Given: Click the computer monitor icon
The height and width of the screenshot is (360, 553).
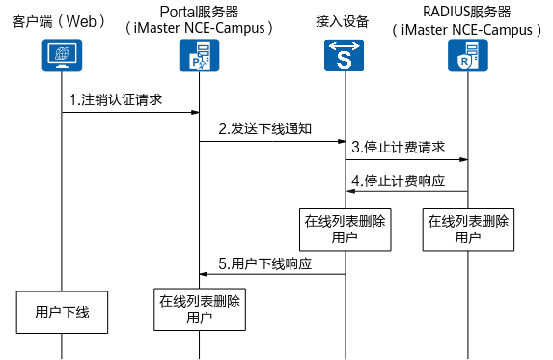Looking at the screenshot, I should point(62,55).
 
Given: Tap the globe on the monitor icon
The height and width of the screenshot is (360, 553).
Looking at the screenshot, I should point(62,52).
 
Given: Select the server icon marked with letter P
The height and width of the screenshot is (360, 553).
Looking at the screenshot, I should point(199,55).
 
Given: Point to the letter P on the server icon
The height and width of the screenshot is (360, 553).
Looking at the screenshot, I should point(194,61).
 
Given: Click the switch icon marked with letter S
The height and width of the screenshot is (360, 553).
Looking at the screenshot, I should point(344,55).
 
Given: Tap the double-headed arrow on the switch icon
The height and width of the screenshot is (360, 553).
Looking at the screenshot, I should point(344,45).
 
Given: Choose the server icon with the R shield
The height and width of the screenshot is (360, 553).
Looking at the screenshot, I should point(468,55).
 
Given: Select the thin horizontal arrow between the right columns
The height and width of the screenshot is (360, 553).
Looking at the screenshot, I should point(406,191).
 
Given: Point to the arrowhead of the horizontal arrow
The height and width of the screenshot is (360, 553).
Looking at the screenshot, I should point(350,191).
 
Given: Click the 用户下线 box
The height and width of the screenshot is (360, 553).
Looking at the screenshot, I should point(62,312).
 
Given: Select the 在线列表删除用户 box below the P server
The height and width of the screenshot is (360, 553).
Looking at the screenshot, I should point(200,309).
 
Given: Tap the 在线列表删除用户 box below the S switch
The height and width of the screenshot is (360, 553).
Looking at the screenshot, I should point(345,230).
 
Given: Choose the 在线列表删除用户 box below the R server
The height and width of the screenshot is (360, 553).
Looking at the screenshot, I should point(468,230).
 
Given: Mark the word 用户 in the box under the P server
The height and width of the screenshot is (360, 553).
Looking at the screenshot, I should point(200,318).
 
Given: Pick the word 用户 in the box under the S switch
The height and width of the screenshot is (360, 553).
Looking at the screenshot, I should point(345,238).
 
